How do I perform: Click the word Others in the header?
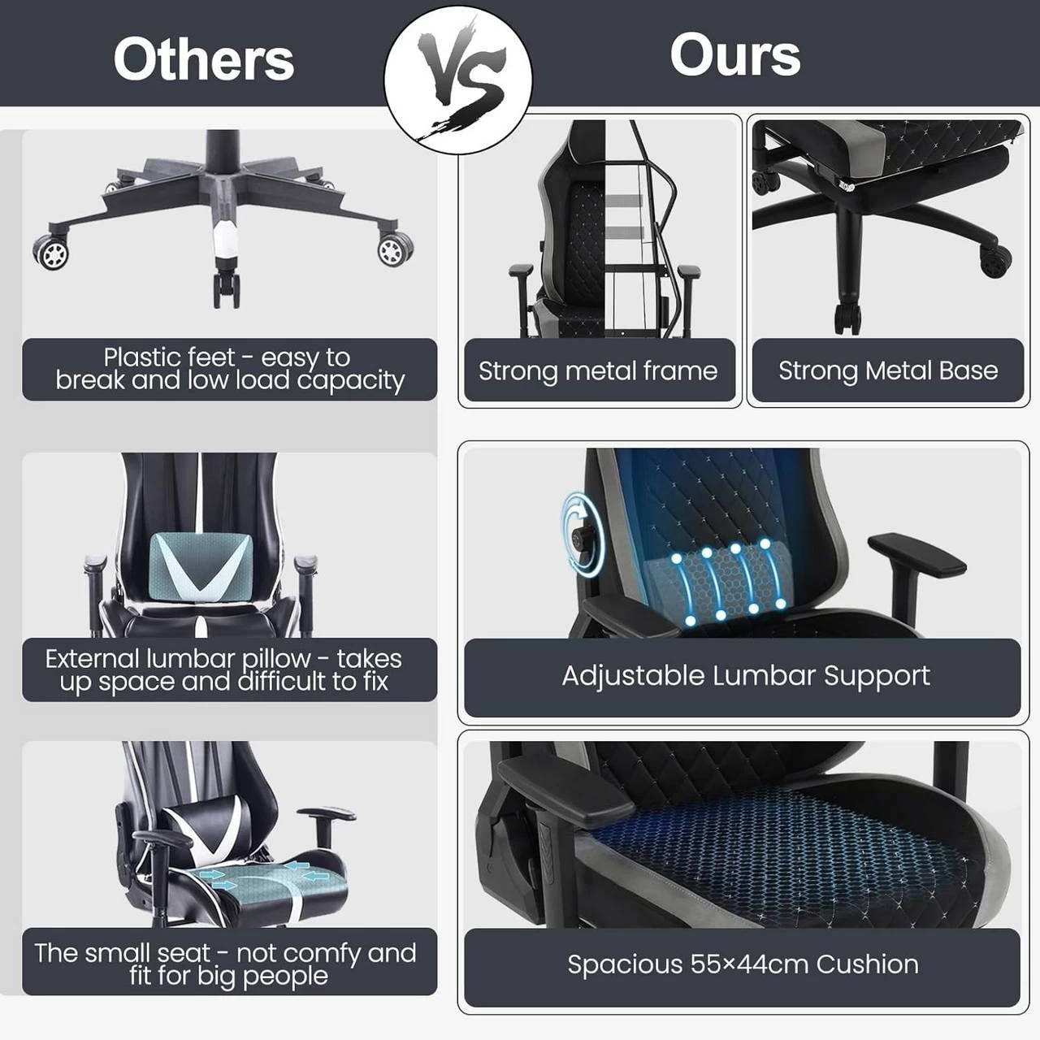pos(203,60)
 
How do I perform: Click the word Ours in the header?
pos(735,54)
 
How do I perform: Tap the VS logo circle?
pos(457,80)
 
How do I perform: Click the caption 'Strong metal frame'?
pos(598,370)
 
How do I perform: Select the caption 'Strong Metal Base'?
pos(888,370)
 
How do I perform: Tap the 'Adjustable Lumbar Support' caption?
pos(746,676)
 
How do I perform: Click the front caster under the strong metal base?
pos(847,319)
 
